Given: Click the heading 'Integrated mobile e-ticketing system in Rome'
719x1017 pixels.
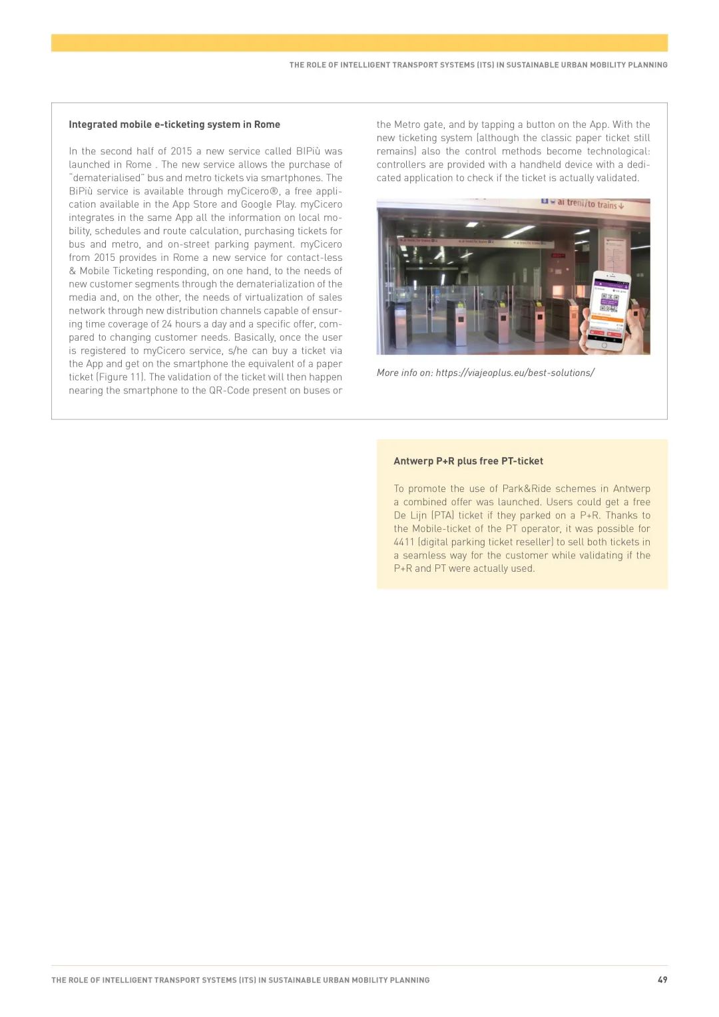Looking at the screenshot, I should point(174,124).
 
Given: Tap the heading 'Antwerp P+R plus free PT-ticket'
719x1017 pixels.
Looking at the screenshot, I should point(468,461).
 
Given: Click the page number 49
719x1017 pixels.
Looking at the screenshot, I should point(662,980).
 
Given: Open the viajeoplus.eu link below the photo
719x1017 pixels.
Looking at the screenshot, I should point(515,373).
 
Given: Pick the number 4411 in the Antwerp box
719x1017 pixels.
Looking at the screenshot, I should point(404,542).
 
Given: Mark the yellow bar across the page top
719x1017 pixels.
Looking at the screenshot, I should point(359,43).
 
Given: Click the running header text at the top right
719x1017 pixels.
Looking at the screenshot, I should point(478,65).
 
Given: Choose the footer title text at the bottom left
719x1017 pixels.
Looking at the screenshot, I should point(240,980).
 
